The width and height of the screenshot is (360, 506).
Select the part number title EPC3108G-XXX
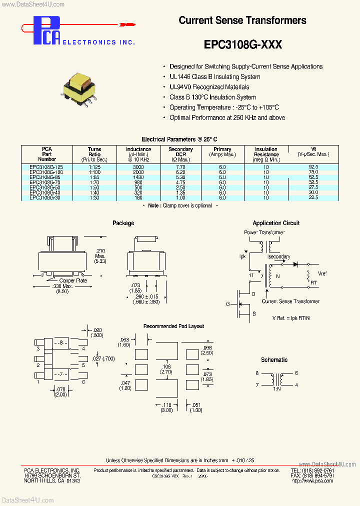click(x=242, y=44)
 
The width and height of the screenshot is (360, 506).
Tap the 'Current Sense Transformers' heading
click(x=242, y=20)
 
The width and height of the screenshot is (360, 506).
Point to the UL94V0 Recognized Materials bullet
click(x=209, y=87)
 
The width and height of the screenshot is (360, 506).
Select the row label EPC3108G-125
click(x=47, y=166)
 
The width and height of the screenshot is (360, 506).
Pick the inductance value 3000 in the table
click(x=138, y=166)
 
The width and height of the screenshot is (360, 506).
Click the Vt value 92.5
click(x=313, y=166)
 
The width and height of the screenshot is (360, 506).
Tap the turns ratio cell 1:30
click(x=94, y=198)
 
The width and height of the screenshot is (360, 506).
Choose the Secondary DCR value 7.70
click(x=180, y=166)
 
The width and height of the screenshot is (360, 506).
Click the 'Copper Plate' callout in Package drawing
click(x=73, y=280)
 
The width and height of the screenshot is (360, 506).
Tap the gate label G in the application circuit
click(x=228, y=303)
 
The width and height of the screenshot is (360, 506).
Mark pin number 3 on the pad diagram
click(x=38, y=348)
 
